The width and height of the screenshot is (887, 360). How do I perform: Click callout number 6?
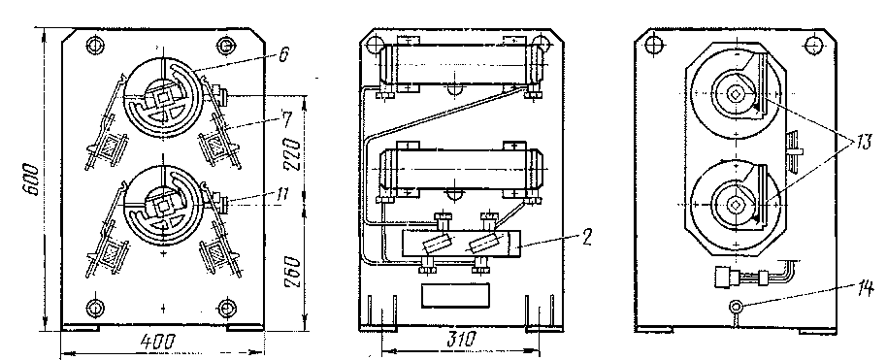pos(282,55)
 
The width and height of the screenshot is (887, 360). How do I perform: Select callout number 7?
pos(287,119)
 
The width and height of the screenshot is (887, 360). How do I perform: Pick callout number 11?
pos(281,195)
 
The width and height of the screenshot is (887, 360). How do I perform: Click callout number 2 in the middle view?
pos(587,237)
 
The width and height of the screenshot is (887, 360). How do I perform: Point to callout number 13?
pos(865,143)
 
